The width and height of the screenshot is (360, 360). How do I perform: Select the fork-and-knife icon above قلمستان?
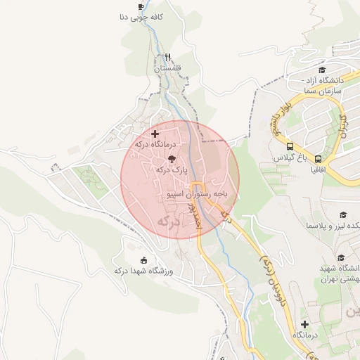pos(167,58)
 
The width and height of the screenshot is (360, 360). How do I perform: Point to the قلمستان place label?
pos(167,69)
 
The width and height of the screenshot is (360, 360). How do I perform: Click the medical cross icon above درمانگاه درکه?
pos(155,133)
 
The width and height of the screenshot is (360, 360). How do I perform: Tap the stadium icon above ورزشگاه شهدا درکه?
pos(145,259)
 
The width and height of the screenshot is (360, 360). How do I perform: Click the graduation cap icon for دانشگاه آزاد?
pos(323,70)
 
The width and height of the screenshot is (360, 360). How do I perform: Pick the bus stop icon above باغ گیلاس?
pos(290,146)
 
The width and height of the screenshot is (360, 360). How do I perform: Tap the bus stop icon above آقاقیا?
pos(319,160)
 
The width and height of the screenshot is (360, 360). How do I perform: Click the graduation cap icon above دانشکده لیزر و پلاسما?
pos(343,214)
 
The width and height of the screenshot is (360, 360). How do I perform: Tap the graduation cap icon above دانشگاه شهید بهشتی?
pos(342,258)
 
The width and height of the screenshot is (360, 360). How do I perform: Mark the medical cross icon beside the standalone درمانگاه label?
pos(304,324)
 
